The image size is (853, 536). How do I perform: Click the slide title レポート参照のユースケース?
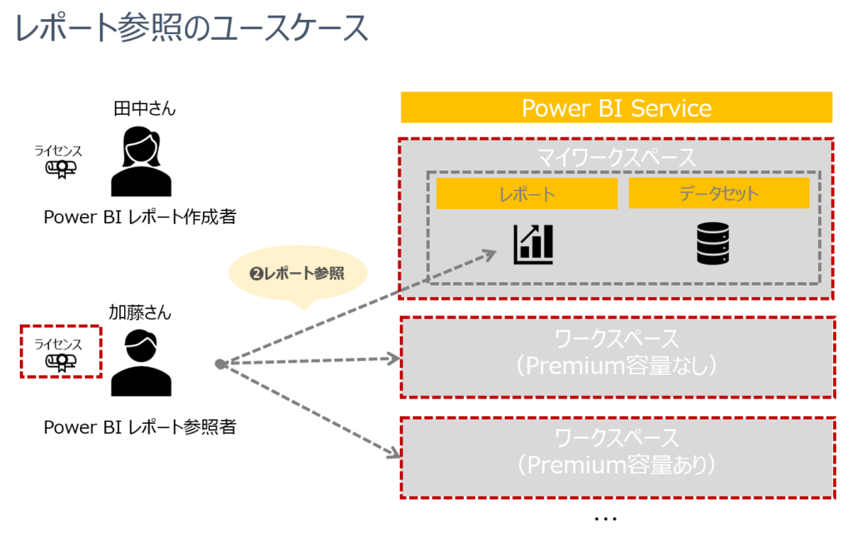191,27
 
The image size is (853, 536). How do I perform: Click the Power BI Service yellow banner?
616,107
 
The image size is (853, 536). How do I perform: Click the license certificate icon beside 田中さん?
60,169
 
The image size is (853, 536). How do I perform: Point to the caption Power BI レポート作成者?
140,217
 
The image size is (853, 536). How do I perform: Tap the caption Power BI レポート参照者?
140,427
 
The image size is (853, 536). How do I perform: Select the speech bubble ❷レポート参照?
297,273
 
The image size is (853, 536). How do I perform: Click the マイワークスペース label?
616,157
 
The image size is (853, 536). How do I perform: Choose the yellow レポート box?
526,193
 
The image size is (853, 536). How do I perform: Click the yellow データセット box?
719,193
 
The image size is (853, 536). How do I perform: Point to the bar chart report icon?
533,244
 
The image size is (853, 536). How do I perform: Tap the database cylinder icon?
713,245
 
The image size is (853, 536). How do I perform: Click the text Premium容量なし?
616,366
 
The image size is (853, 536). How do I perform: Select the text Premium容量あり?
616,464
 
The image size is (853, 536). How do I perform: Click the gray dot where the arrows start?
219,364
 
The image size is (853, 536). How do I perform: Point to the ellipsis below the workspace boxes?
605,519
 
